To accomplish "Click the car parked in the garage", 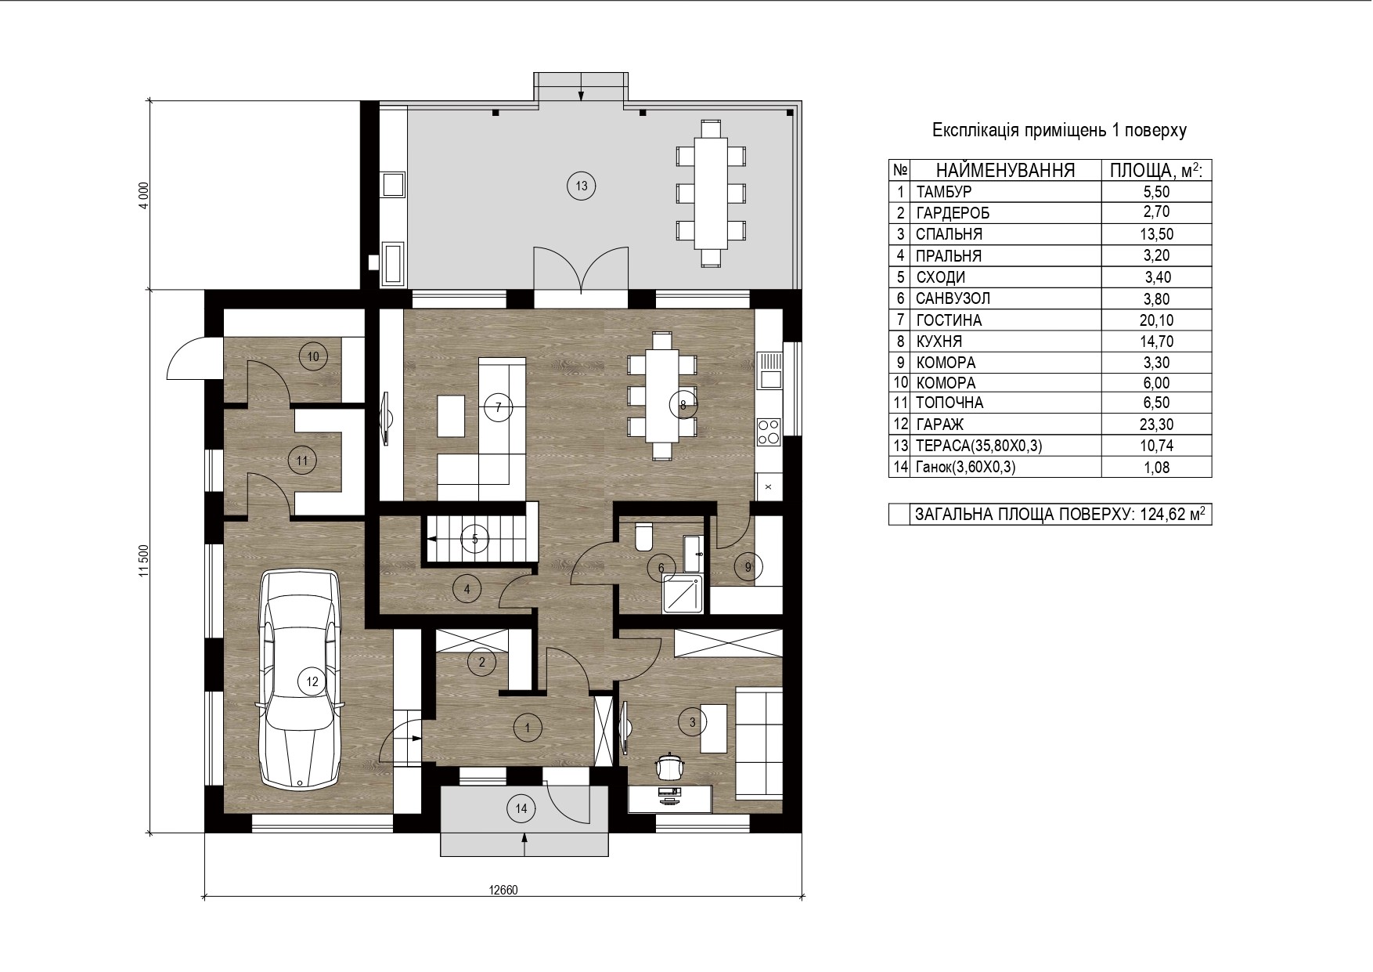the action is [x=301, y=678].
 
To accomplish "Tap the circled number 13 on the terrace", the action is [x=581, y=186].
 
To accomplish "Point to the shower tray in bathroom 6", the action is [x=683, y=593].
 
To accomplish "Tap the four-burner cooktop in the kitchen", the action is [x=769, y=432].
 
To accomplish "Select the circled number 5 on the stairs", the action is [x=474, y=539].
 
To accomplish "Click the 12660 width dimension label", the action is [x=503, y=890].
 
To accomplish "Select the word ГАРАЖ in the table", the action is [x=940, y=425].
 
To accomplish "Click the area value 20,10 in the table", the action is [x=1156, y=320].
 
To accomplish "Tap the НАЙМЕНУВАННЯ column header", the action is [x=1005, y=170].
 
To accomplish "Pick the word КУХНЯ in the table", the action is [x=939, y=341].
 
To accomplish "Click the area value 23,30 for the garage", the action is [x=1156, y=425].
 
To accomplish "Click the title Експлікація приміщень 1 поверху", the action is [x=1059, y=130].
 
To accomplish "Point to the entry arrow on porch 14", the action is [x=524, y=845].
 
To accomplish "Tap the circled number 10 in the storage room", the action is [x=313, y=356].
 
